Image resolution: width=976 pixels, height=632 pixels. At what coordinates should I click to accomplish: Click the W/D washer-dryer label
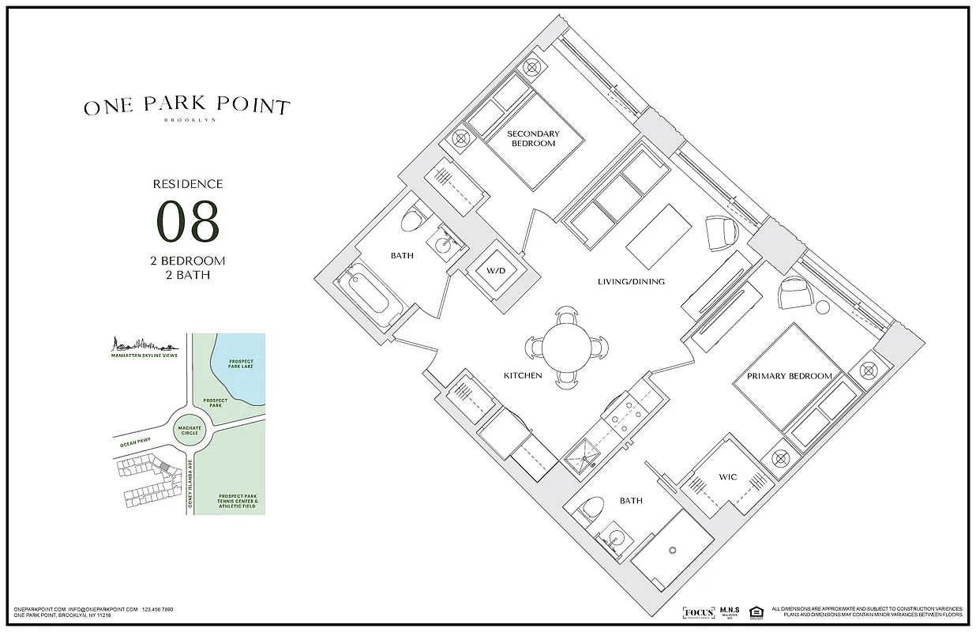click(495, 271)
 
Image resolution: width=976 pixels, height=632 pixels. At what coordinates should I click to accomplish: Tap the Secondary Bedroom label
click(533, 138)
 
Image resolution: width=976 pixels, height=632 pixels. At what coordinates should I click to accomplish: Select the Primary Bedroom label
click(789, 376)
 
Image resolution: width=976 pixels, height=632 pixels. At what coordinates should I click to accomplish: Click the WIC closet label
click(726, 477)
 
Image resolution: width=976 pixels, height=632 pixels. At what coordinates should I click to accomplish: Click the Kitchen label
click(523, 375)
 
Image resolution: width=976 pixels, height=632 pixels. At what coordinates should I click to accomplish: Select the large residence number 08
click(188, 221)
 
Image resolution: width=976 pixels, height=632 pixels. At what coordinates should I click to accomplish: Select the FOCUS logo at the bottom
click(698, 613)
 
